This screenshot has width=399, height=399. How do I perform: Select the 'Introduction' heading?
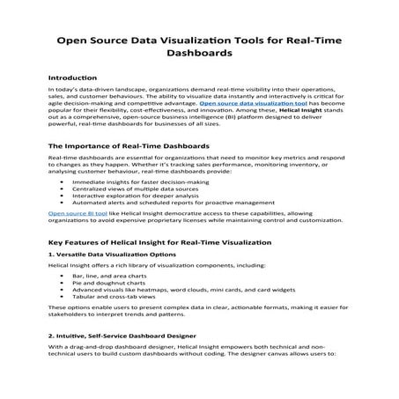click(x=72, y=78)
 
